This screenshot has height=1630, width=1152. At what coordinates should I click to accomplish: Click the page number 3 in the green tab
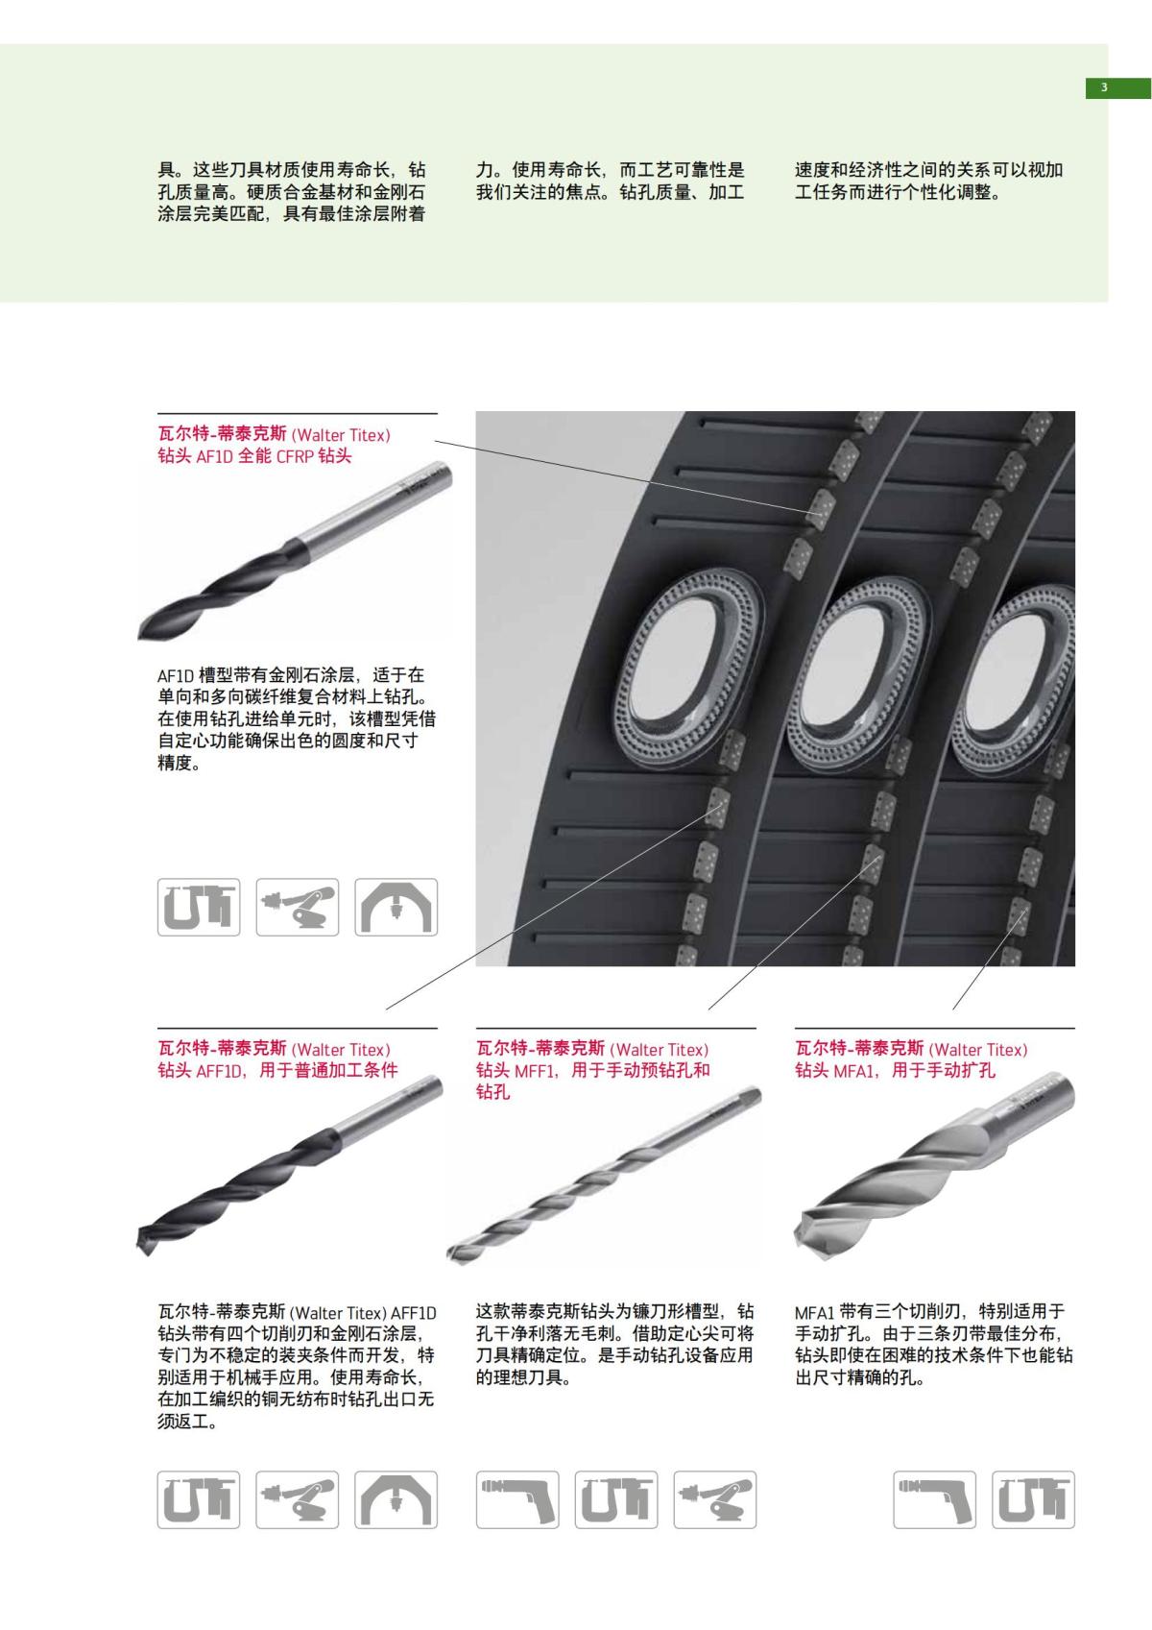[1104, 88]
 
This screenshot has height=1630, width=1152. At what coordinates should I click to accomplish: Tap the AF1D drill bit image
[293, 552]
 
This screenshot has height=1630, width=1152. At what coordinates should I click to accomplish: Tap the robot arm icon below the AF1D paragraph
[298, 907]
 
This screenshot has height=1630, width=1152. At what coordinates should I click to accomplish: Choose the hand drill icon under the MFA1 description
[934, 1499]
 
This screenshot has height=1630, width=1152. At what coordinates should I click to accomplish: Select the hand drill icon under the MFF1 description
[516, 1499]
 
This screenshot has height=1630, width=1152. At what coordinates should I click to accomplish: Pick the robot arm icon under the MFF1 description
[714, 1499]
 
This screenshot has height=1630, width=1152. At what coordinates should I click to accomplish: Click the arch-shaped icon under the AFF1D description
[396, 1499]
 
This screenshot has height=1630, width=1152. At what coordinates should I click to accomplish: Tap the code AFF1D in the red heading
[222, 1071]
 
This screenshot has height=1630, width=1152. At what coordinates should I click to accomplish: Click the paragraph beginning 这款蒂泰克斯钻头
[615, 1344]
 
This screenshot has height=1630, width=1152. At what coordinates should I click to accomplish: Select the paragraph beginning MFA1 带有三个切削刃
[933, 1344]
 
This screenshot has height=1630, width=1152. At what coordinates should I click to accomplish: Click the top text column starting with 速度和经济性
[928, 180]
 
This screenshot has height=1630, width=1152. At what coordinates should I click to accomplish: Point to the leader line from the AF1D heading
[624, 475]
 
